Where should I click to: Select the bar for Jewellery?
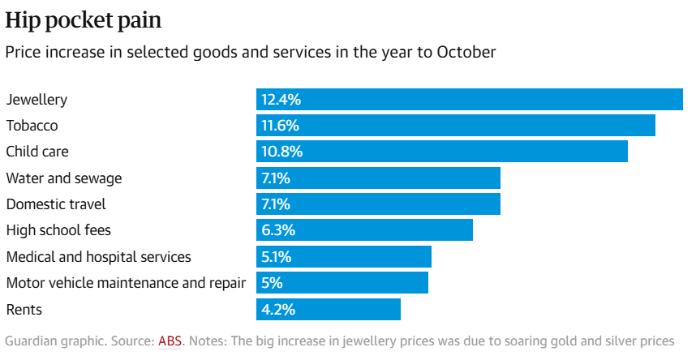[470, 100]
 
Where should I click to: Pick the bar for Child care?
[442, 152]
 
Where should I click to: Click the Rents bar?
[329, 309]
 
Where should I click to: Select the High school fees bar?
[364, 230]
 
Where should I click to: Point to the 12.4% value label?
[281, 100]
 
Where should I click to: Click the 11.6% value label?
[281, 126]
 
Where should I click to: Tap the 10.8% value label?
[281, 152]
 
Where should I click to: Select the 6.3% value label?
[278, 230]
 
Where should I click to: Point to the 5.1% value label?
[277, 257]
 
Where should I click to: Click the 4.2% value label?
[278, 309]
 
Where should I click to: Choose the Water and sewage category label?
[64, 178]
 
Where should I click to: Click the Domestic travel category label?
[56, 204]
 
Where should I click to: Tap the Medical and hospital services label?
[99, 257]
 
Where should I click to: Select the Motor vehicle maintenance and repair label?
[126, 283]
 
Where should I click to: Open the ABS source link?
[170, 341]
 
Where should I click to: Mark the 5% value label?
[272, 283]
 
